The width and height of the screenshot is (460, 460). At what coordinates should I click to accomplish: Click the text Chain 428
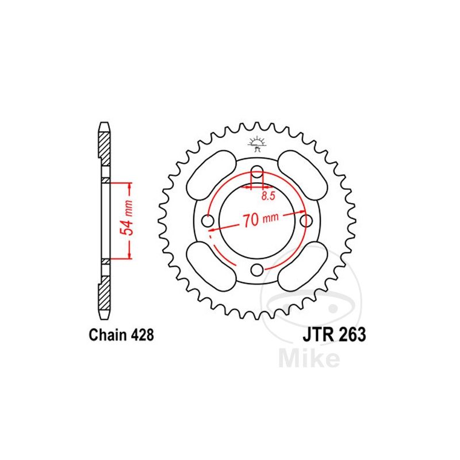121,335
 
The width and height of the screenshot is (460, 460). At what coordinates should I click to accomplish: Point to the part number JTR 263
333,335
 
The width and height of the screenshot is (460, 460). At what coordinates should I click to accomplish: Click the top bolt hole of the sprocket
258,171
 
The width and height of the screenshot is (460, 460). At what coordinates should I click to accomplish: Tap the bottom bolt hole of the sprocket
258,270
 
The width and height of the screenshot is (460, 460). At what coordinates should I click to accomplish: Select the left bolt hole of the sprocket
208,220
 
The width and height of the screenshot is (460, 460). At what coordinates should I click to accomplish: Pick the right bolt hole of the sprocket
307,220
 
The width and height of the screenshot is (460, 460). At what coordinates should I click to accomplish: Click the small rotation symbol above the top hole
257,143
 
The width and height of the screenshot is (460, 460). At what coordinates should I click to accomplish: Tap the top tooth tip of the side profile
104,125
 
